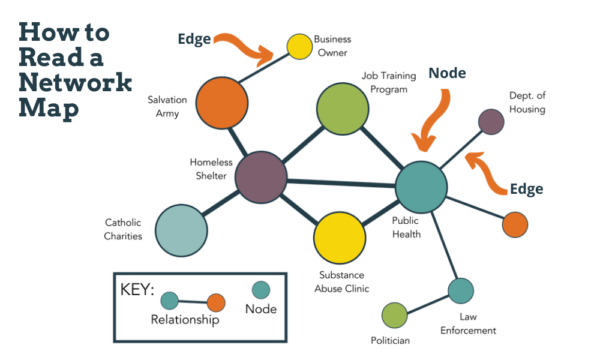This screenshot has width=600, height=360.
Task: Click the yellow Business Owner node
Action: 299,46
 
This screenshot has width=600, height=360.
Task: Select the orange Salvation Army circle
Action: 221,103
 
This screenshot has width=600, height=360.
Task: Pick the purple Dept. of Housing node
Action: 490,122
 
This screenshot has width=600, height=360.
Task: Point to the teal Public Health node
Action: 421,185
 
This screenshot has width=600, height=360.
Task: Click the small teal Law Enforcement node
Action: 460,291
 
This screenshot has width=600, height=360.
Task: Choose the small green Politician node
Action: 395,316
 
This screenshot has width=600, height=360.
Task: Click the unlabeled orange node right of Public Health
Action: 514,224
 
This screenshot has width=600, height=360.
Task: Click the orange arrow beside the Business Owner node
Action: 248,45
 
